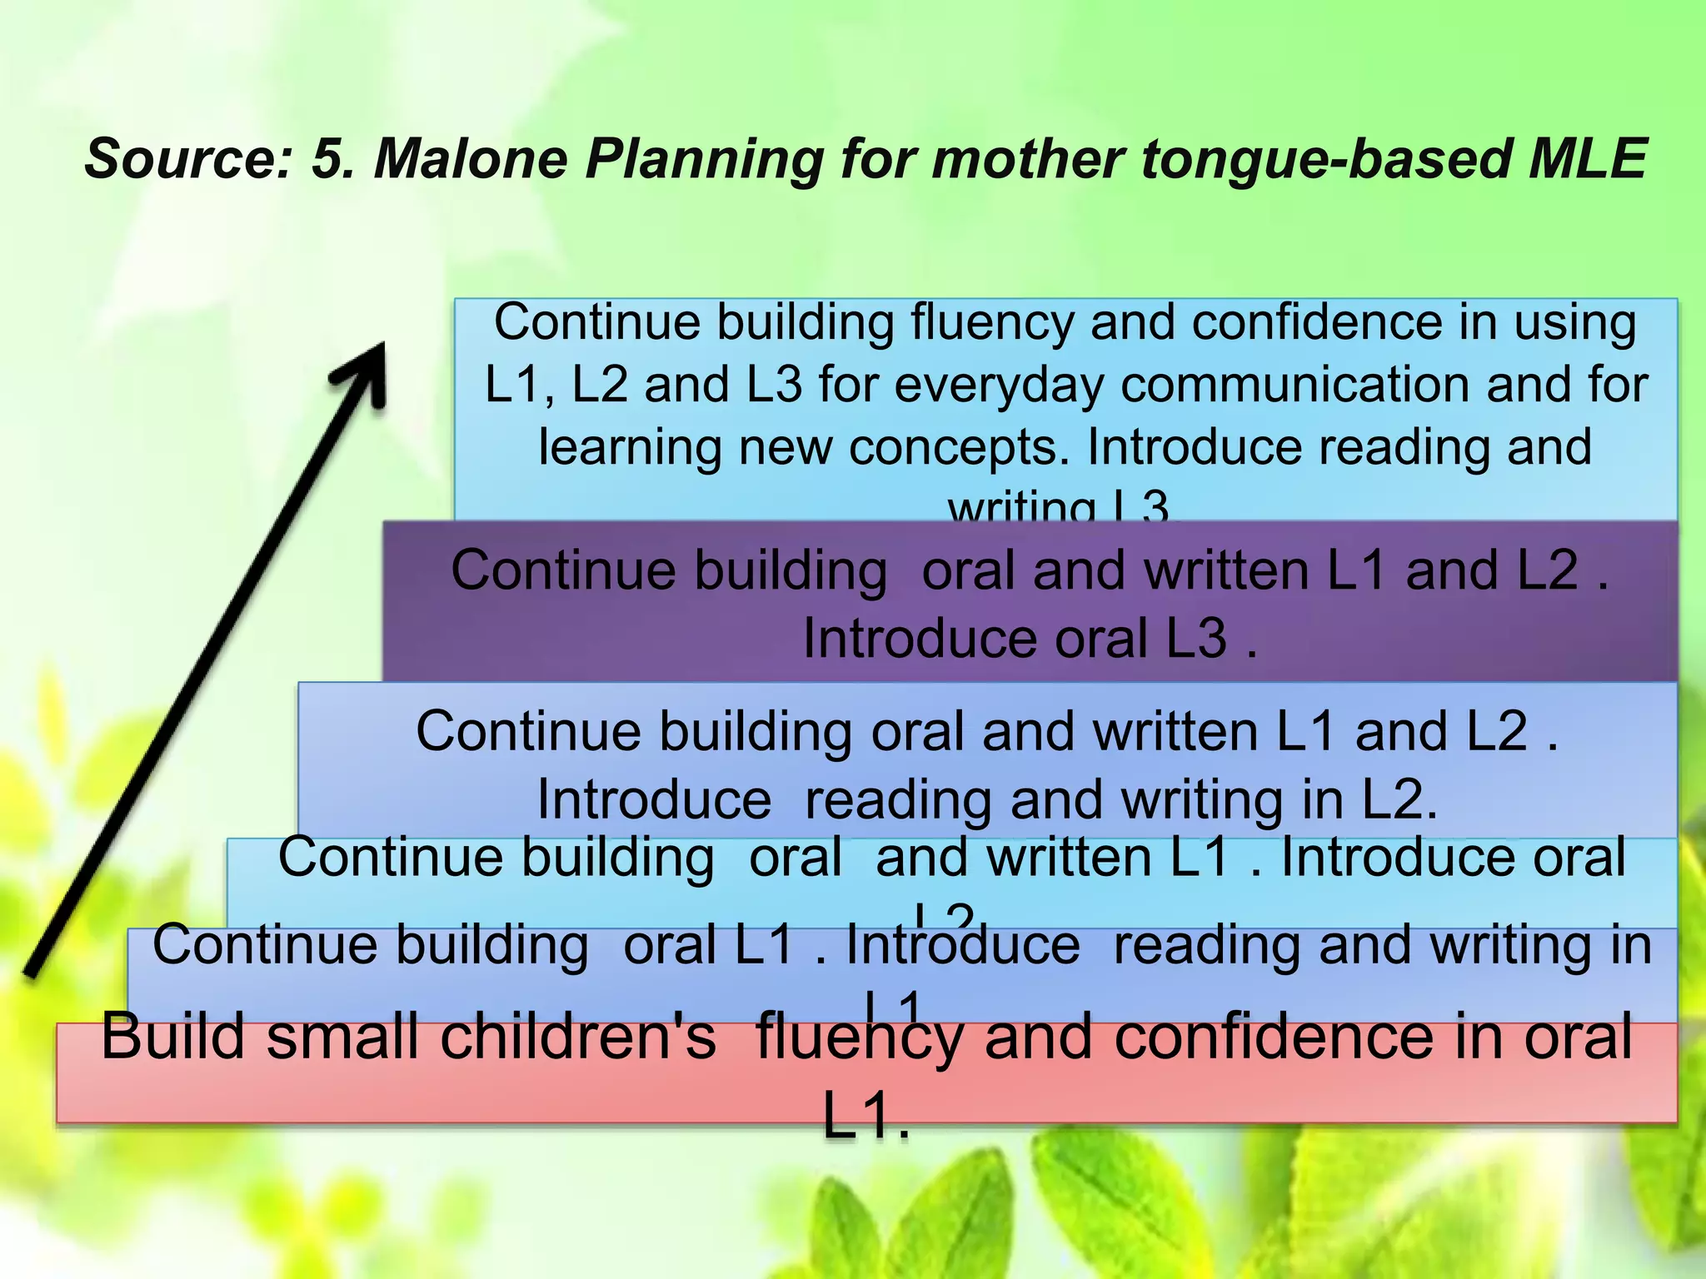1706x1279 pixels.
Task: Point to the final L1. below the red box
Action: coord(865,1116)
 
